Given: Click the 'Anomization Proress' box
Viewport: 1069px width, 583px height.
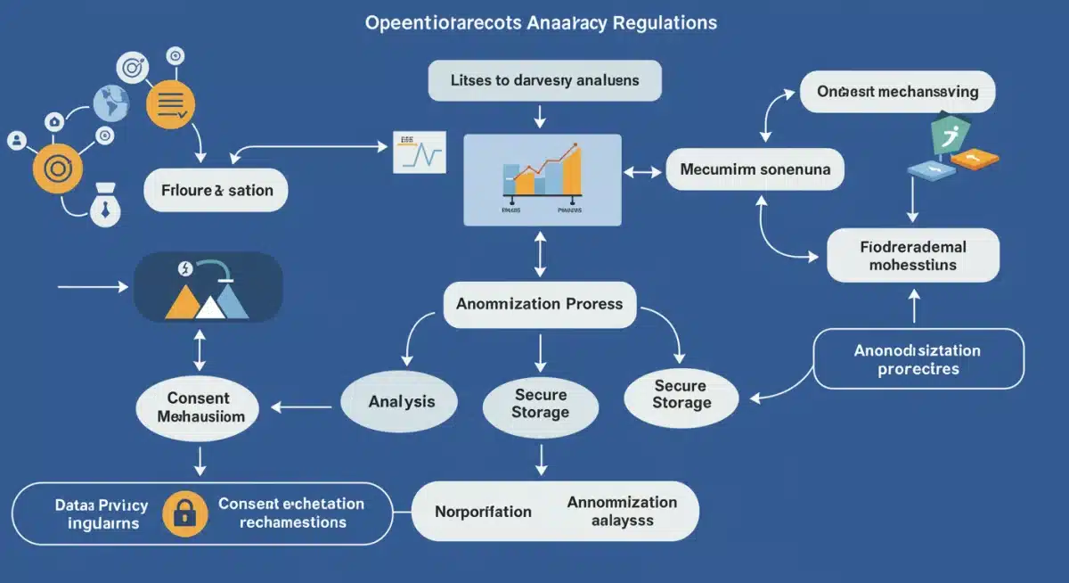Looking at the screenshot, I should [x=540, y=304].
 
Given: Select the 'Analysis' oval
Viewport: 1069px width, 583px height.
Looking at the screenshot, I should [x=401, y=402].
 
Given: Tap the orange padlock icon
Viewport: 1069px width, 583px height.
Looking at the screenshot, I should [x=185, y=513].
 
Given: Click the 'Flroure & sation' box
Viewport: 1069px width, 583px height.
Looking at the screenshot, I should [x=216, y=190].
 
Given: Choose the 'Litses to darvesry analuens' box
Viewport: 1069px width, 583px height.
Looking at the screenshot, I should [x=545, y=80].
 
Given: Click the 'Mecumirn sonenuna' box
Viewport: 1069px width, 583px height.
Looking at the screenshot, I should [x=755, y=168].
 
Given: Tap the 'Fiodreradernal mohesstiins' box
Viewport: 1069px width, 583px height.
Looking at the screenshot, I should [x=913, y=254].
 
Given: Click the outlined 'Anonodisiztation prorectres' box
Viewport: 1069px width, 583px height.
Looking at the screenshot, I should [x=918, y=358].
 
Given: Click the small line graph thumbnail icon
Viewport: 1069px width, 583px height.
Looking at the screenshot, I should [x=418, y=152].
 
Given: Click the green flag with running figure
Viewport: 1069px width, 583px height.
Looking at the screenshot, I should [x=948, y=136].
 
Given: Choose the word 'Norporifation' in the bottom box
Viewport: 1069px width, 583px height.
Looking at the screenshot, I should [x=483, y=512].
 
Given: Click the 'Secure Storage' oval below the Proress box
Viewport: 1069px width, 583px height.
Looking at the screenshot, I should [x=540, y=404].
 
